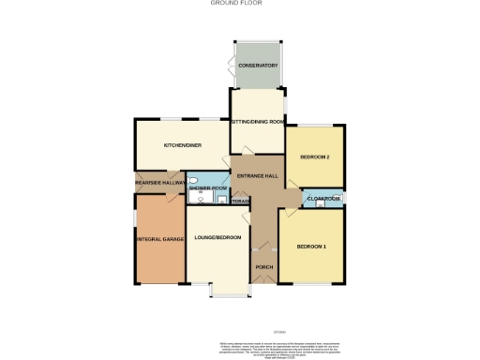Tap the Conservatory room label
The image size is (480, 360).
(257, 66)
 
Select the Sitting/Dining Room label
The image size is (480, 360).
(258, 121)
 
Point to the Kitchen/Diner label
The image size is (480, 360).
(183, 145)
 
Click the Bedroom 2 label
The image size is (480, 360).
(314, 157)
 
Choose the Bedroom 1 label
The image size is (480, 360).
(311, 247)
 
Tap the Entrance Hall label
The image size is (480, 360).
(256, 176)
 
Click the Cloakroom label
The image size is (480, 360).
(322, 199)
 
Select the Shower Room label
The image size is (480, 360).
(208, 188)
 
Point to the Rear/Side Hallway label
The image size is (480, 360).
(159, 182)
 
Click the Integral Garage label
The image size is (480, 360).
(159, 239)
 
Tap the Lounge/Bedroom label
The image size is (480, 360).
(218, 237)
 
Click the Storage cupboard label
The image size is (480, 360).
(240, 202)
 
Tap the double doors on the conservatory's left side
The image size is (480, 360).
(231, 66)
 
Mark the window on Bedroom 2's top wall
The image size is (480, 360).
(315, 125)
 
